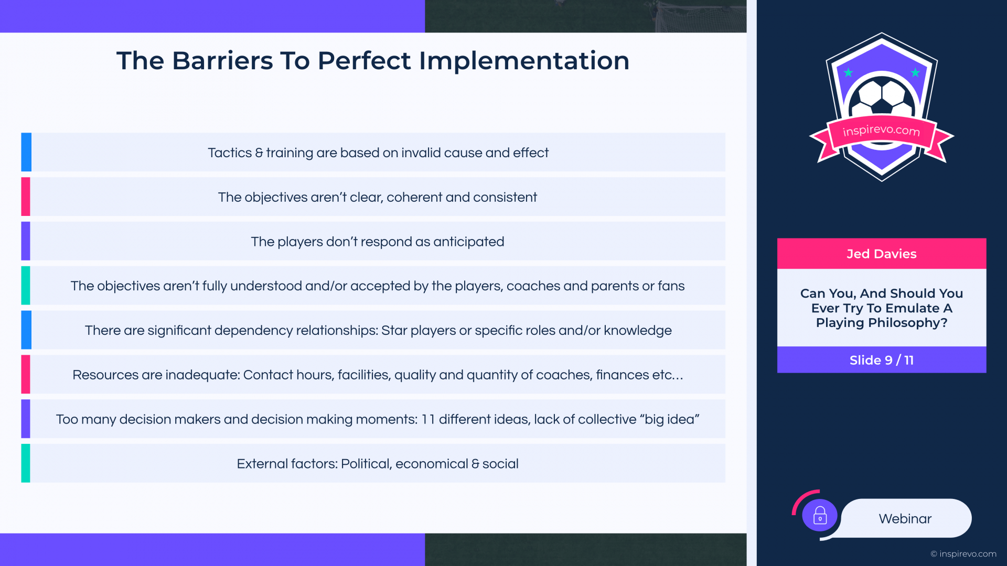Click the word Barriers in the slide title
222,61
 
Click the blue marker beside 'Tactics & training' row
26,152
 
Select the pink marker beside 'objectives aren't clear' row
26,197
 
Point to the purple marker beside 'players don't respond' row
26,241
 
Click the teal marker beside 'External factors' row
26,463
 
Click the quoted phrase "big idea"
669,419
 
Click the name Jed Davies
882,254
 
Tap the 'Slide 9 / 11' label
882,360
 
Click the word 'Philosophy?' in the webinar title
908,323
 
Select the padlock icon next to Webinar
820,516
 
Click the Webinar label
905,519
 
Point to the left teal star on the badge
848,72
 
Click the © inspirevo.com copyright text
963,554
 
